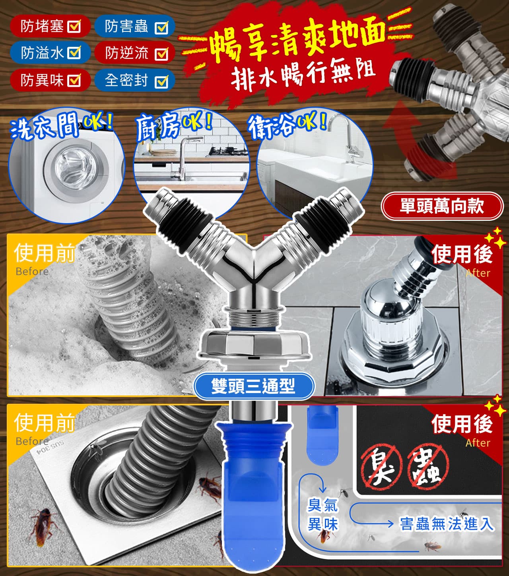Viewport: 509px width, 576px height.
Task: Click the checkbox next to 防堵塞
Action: click(74, 26)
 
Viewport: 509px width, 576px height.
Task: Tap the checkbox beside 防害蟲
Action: click(161, 27)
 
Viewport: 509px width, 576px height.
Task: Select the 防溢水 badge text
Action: click(42, 53)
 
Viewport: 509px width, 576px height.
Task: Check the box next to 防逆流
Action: click(161, 53)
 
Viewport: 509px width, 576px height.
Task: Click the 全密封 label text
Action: click(126, 80)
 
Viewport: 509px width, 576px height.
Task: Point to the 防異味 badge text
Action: click(42, 80)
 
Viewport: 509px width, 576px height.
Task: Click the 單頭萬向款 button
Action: click(442, 206)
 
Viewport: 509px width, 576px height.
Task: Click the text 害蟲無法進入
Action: click(447, 523)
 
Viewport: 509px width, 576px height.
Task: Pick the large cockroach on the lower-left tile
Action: click(43, 525)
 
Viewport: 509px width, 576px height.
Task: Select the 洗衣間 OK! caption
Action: click(61, 126)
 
